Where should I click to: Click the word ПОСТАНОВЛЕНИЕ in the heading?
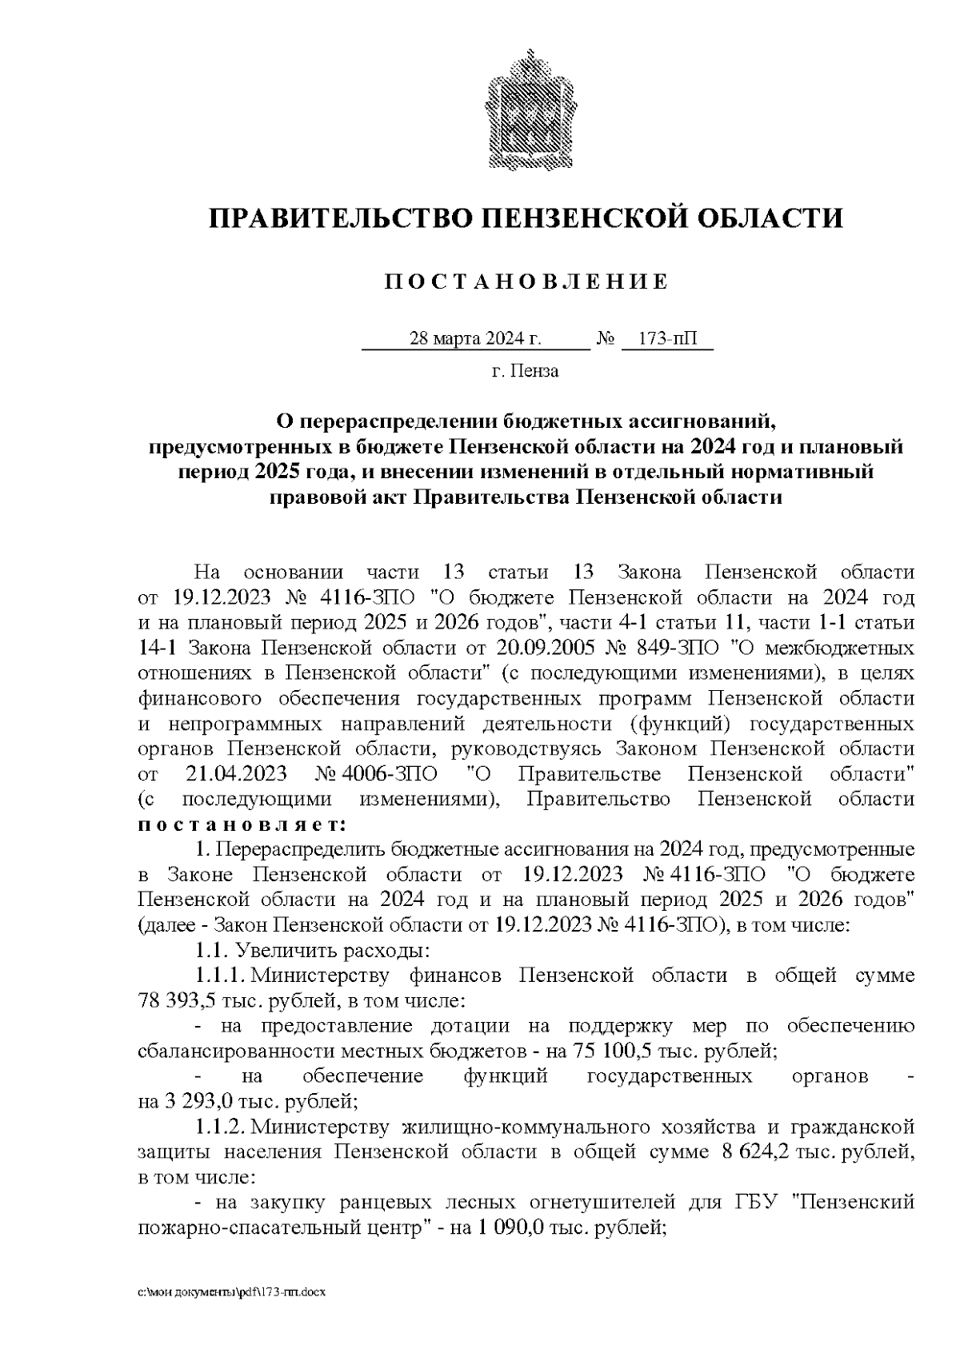526,281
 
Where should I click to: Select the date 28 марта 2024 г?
475,339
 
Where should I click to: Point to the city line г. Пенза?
526,371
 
